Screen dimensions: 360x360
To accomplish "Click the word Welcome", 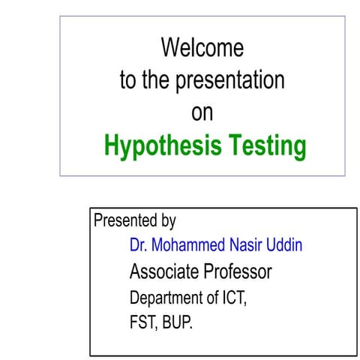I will (x=202, y=48).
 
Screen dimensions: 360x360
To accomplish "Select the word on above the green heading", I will (x=202, y=112).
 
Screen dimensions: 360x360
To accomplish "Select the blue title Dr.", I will (x=138, y=245).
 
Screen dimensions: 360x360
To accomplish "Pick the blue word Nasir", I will (x=246, y=245).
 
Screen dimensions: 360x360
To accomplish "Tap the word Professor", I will (x=236, y=271).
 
